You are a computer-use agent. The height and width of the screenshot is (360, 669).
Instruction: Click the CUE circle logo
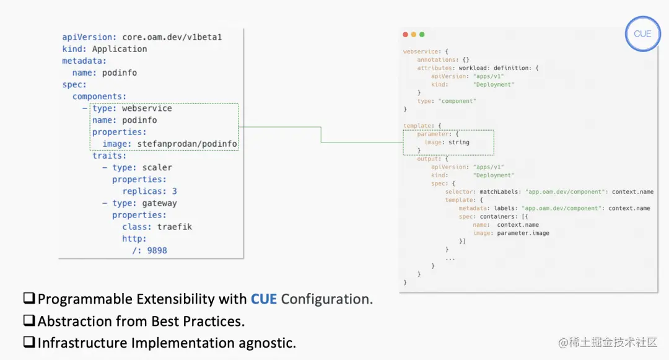pyautogui.click(x=642, y=33)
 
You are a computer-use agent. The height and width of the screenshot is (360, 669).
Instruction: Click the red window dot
pyautogui.click(x=405, y=35)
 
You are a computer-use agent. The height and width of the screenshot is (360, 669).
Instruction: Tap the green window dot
pyautogui.click(x=422, y=35)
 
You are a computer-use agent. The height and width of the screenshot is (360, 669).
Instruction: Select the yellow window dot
pyautogui.click(x=414, y=35)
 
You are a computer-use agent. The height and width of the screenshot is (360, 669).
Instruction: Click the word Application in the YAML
pyautogui.click(x=120, y=49)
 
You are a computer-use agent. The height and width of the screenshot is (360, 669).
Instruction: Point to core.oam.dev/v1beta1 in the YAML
pyautogui.click(x=172, y=37)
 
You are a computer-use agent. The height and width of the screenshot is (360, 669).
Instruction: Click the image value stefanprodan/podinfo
pyautogui.click(x=187, y=144)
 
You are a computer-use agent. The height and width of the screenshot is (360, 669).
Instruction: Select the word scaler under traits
pyautogui.click(x=157, y=167)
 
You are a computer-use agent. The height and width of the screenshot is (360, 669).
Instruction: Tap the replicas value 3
pyautogui.click(x=175, y=191)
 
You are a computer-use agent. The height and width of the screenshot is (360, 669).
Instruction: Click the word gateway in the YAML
pyautogui.click(x=159, y=203)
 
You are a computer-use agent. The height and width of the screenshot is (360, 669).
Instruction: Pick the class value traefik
pyautogui.click(x=174, y=227)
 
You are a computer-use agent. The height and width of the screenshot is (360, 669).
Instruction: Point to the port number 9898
pyautogui.click(x=157, y=250)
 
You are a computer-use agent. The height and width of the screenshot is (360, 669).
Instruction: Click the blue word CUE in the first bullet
pyautogui.click(x=264, y=299)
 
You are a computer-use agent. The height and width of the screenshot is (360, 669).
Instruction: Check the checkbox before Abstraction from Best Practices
pyautogui.click(x=29, y=321)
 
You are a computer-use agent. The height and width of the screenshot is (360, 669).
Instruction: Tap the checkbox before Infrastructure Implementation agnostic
pyautogui.click(x=29, y=343)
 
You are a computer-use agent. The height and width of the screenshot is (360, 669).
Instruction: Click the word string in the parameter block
pyautogui.click(x=459, y=143)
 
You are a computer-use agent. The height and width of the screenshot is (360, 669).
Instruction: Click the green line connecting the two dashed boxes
pyautogui.click(x=321, y=134)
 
